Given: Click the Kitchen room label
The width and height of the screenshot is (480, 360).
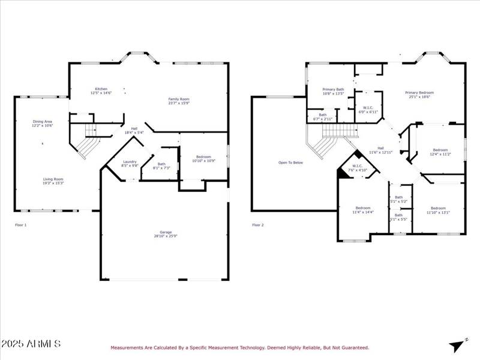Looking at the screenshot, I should point(101,91).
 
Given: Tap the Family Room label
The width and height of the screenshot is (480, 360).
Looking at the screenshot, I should point(178,100).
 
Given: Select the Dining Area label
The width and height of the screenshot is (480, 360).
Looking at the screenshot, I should point(42,124).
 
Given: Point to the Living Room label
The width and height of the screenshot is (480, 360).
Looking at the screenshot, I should point(53,181).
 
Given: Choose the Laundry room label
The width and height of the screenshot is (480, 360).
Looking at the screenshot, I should point(130,163).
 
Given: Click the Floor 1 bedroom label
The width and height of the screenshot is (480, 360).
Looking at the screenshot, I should point(203,158).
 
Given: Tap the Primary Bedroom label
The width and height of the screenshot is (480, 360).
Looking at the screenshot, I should point(419,94).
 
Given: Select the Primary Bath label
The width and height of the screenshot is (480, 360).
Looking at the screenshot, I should point(333,91).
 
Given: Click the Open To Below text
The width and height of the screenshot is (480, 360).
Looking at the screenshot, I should point(290,163).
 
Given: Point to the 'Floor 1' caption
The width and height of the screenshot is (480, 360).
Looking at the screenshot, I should point(21,225).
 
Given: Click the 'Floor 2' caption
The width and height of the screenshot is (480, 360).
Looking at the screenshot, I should point(257,225).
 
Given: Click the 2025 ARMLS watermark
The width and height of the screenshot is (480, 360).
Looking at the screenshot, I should point(31,344).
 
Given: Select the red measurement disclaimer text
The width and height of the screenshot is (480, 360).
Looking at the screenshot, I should point(239,347).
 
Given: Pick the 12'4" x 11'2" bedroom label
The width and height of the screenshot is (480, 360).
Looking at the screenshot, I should point(440,152).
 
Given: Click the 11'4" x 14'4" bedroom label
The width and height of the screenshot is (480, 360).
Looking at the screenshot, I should point(362,210).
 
